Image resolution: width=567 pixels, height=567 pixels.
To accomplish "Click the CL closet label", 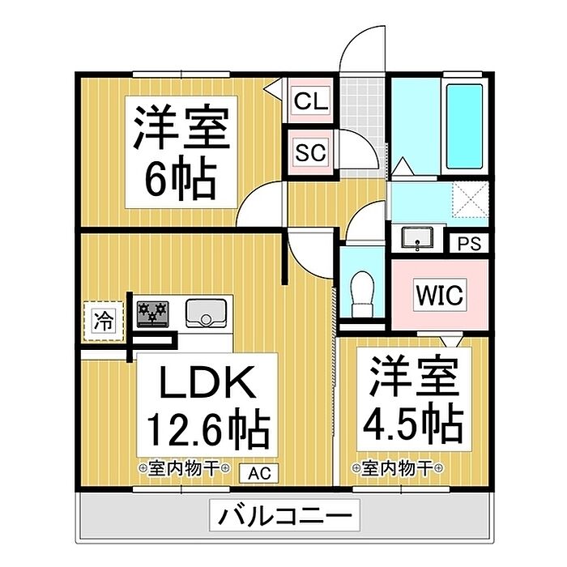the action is pyautogui.click(x=310, y=101).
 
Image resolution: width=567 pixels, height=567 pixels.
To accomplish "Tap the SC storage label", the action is pyautogui.click(x=310, y=152).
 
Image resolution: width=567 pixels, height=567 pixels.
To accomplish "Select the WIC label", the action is pyautogui.click(x=440, y=294).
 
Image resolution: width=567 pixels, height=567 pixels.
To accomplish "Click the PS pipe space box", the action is pyautogui.click(x=469, y=243).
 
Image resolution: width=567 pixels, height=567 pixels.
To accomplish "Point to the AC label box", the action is pyautogui.click(x=259, y=473).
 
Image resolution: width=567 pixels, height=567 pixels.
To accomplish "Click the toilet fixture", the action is pyautogui.click(x=362, y=294).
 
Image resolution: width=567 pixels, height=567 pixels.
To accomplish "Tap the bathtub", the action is pyautogui.click(x=464, y=126).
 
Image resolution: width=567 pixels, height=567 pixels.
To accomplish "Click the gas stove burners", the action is pyautogui.click(x=152, y=314).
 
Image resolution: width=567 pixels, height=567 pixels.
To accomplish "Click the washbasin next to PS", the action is pyautogui.click(x=418, y=238).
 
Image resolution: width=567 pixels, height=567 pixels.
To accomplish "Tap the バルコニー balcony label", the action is pyautogui.click(x=284, y=515).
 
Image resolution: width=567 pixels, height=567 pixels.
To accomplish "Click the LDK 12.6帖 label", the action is pyautogui.click(x=207, y=405).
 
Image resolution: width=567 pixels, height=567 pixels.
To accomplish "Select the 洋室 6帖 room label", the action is pyautogui.click(x=181, y=152).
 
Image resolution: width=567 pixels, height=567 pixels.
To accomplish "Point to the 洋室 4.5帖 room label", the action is pyautogui.click(x=414, y=399).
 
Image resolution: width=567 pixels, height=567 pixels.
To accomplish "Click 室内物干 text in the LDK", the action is pyautogui.click(x=184, y=469).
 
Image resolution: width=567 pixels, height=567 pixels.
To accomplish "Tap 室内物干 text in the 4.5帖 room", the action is pyautogui.click(x=398, y=469).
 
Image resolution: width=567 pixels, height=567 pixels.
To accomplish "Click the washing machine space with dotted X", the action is pyautogui.click(x=471, y=199).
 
